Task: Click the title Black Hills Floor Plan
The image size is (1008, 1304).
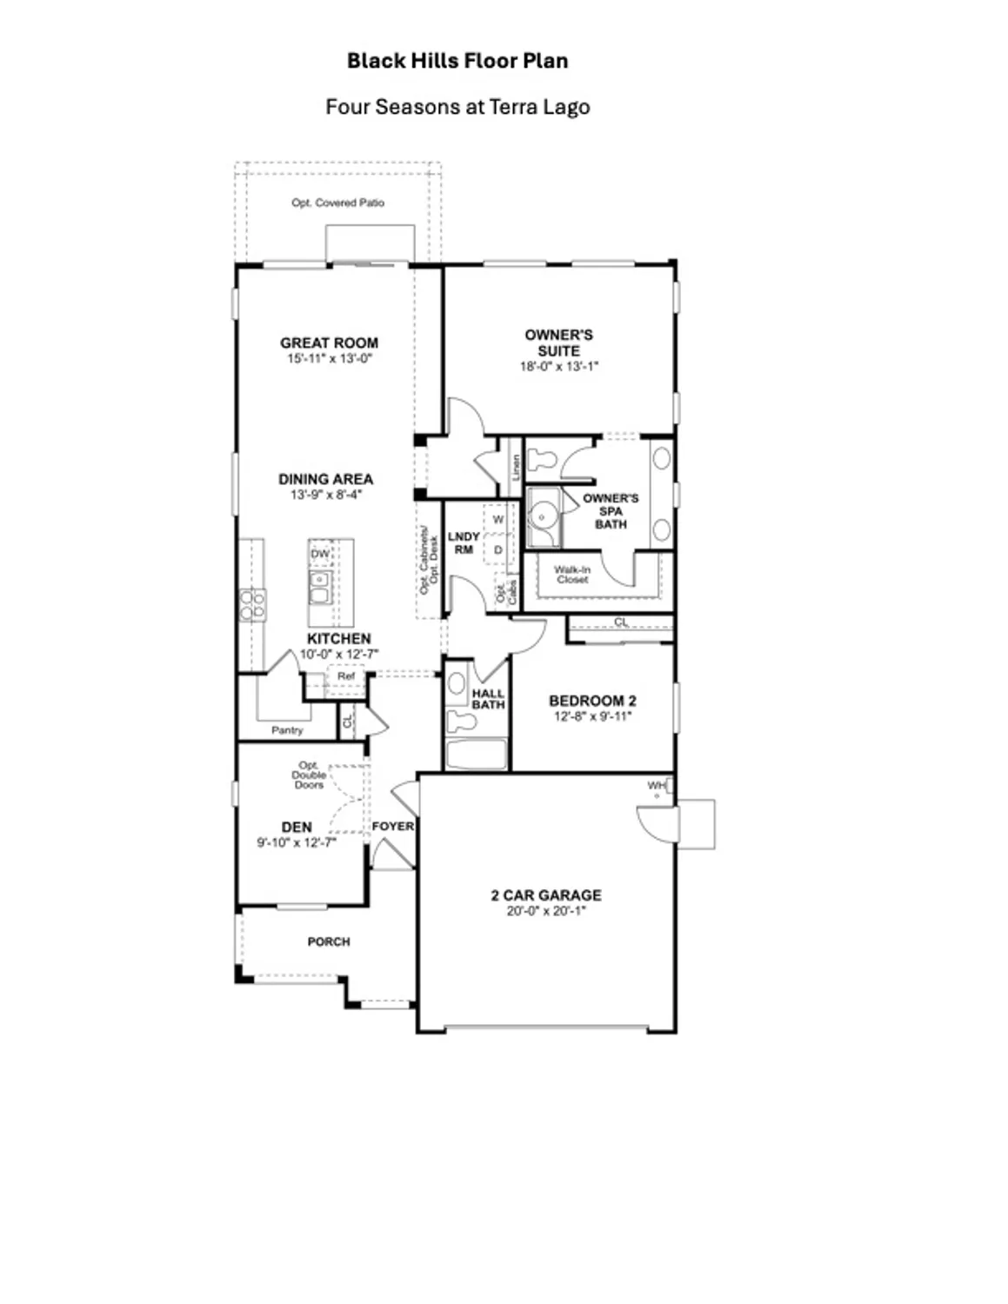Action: pyautogui.click(x=457, y=61)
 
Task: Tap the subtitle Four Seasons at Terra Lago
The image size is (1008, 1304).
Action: pyautogui.click(x=457, y=107)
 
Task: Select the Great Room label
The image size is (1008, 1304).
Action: pyautogui.click(x=329, y=343)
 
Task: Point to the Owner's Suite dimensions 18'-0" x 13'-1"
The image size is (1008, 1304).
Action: pyautogui.click(x=558, y=367)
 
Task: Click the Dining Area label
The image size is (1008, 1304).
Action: pyautogui.click(x=325, y=479)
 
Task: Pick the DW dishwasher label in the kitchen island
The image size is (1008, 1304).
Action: pyautogui.click(x=320, y=554)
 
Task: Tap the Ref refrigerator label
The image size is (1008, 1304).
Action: pyautogui.click(x=346, y=675)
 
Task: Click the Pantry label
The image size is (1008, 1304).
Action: pyautogui.click(x=287, y=730)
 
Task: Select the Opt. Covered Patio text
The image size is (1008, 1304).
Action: pyautogui.click(x=337, y=203)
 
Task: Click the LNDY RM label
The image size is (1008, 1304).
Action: pyautogui.click(x=464, y=543)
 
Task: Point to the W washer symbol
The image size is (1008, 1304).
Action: pyautogui.click(x=498, y=520)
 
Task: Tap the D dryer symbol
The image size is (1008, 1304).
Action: pyautogui.click(x=498, y=550)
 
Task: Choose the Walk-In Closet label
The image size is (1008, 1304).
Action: pyautogui.click(x=572, y=575)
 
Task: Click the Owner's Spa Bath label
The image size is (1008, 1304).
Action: pyautogui.click(x=611, y=511)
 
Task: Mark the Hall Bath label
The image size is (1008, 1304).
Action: pyautogui.click(x=488, y=699)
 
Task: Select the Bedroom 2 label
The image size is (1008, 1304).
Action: pyautogui.click(x=592, y=701)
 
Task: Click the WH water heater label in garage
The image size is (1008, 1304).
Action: pyautogui.click(x=656, y=786)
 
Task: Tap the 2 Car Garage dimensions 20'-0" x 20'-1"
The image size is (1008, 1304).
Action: pyautogui.click(x=546, y=911)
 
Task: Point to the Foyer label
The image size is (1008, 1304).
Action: pyautogui.click(x=393, y=826)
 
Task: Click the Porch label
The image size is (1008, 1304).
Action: pyautogui.click(x=329, y=941)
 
